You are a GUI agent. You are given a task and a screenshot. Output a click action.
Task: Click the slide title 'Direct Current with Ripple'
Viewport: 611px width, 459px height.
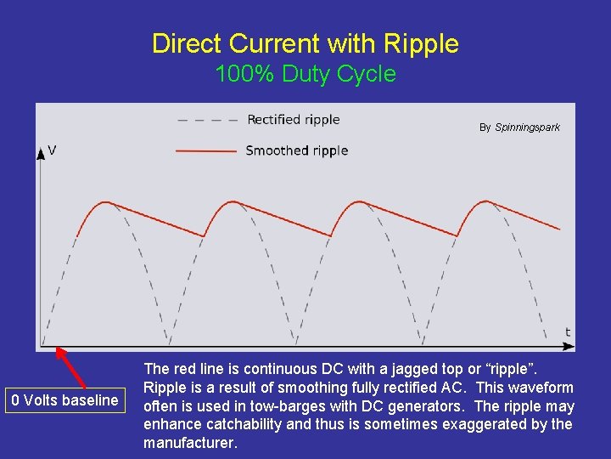click(x=305, y=43)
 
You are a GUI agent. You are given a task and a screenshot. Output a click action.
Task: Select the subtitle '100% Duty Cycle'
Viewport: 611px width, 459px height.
click(x=305, y=74)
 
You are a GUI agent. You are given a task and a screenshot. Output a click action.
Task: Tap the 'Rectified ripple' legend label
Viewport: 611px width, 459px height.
click(x=293, y=120)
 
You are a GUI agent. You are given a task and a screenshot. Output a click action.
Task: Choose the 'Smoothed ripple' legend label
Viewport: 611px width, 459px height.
click(x=296, y=150)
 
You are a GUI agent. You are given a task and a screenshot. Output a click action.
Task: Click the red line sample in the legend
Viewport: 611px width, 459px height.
click(x=206, y=151)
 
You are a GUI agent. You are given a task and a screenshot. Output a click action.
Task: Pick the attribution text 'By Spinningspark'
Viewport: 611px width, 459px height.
click(x=519, y=127)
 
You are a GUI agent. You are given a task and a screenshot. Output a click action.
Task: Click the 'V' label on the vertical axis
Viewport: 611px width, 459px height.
click(x=53, y=150)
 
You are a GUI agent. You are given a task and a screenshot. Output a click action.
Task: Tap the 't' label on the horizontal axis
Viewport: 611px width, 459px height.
click(x=568, y=331)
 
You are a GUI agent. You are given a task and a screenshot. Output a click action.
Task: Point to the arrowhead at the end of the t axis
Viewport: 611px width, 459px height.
click(x=570, y=346)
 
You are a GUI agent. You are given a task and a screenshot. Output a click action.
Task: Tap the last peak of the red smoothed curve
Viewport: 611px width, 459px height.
click(x=485, y=201)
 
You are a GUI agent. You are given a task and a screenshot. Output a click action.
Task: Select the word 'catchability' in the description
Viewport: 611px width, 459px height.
click(x=245, y=424)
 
